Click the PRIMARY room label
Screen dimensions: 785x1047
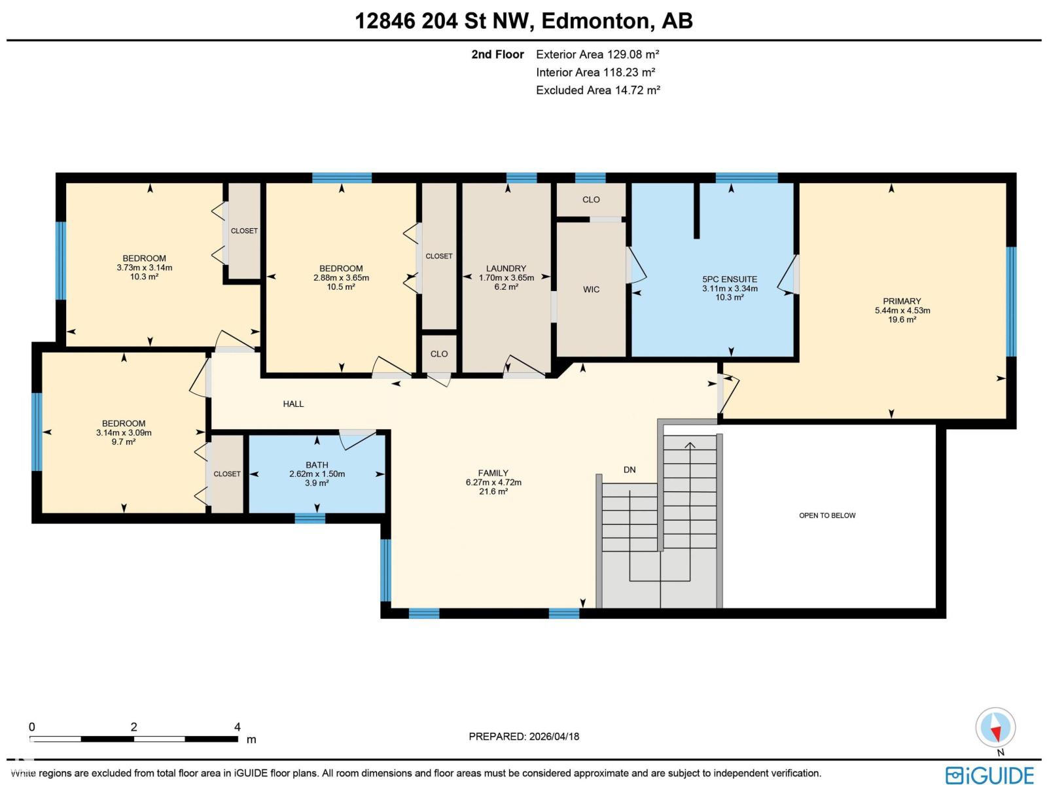point(902,302)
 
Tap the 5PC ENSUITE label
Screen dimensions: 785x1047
point(730,279)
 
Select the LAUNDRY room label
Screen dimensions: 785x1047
point(506,268)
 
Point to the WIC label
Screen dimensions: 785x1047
point(591,289)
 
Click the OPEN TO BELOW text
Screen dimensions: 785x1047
point(827,515)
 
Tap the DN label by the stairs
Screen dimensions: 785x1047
point(630,470)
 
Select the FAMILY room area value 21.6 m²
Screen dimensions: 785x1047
point(493,491)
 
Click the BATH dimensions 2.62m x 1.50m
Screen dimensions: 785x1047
point(317,474)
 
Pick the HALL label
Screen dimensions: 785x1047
point(293,404)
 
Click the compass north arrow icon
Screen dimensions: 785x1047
point(995,728)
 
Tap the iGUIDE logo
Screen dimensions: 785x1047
point(989,775)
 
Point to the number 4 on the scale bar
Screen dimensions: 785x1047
point(238,727)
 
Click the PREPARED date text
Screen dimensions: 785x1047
point(523,737)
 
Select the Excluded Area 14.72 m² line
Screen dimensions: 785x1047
point(597,90)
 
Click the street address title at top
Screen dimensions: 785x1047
point(523,21)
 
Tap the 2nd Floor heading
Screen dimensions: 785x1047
point(497,55)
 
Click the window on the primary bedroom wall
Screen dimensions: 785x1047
point(1011,302)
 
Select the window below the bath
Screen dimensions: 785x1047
point(310,518)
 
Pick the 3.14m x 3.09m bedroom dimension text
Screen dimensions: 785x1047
point(124,432)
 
